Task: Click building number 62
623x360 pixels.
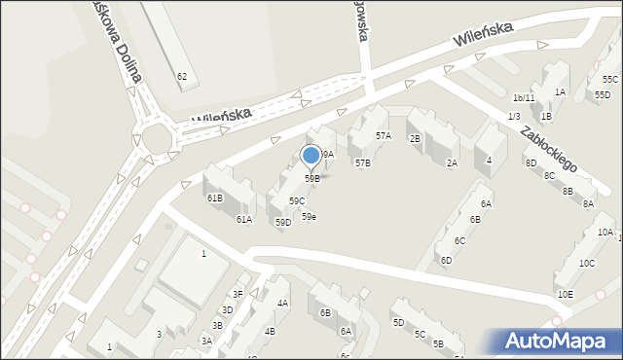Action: coord(182,76)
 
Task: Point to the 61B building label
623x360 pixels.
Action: coord(214,198)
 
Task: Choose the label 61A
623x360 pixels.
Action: coord(243,220)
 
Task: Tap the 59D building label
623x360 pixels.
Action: coord(282,223)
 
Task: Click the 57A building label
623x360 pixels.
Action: coord(384,136)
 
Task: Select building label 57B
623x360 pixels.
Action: coord(362,163)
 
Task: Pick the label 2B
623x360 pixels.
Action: coord(414,139)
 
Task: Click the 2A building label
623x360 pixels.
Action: coord(452,163)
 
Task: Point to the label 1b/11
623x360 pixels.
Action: coord(524,98)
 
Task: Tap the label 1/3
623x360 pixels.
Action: coord(513,117)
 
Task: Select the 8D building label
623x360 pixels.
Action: coord(531,163)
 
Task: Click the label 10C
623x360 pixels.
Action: coord(587,264)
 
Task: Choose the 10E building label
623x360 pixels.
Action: coord(565,294)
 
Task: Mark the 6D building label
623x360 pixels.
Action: coord(446,261)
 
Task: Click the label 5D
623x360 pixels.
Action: coord(398,322)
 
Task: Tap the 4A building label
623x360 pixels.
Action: coord(282,304)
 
